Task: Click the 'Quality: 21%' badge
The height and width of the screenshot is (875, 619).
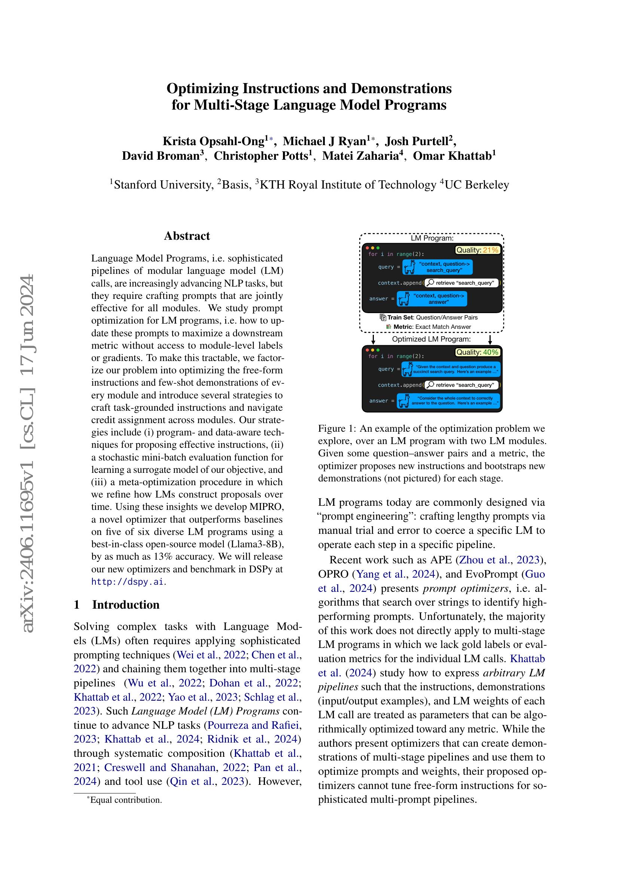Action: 478,250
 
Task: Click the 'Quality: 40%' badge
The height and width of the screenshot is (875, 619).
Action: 478,352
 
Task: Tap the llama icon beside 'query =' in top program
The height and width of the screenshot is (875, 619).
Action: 409,266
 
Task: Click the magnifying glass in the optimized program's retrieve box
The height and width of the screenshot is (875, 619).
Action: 430,385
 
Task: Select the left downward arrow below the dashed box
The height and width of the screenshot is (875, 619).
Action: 373,339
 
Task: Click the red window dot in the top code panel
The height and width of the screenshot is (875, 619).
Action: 368,248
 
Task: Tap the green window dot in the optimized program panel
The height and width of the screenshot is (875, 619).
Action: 378,350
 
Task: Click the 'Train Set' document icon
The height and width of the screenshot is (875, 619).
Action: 383,318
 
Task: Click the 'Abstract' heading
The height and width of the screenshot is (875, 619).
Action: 187,236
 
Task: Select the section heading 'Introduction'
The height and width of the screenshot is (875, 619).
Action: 126,605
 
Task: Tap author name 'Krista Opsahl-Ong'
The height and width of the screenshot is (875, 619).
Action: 214,141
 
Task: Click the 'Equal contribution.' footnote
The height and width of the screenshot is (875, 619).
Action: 126,800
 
